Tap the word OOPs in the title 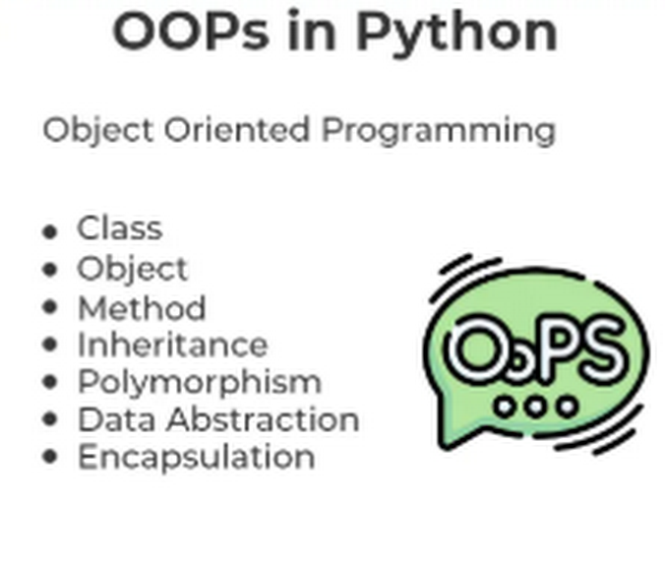pos(191,31)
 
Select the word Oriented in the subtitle pos(237,129)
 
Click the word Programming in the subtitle pos(438,132)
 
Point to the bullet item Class pos(120,228)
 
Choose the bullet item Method pos(142,308)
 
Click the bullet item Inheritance pos(172,345)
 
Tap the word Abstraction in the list pos(263,419)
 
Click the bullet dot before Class pos(50,231)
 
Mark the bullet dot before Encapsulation pos(50,457)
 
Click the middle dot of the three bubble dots pos(536,407)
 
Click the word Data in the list pos(117,419)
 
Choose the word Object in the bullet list pos(133,270)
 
